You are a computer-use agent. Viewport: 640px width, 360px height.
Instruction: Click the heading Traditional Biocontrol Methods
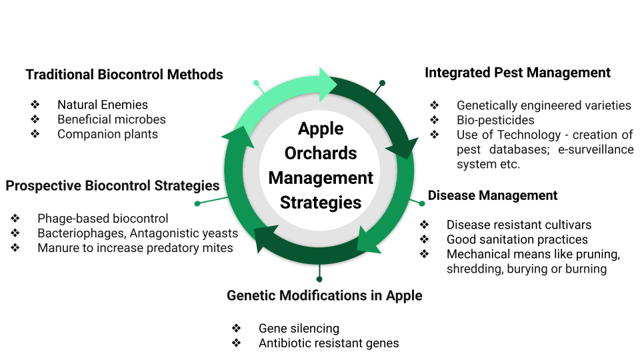point(124,74)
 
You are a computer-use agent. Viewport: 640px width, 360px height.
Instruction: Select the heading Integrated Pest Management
point(517,73)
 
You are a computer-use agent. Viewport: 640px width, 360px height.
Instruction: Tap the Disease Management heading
point(492,195)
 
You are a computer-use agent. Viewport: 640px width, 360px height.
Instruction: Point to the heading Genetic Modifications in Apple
point(324,295)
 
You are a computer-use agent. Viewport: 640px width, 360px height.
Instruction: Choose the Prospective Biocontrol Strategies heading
point(112,185)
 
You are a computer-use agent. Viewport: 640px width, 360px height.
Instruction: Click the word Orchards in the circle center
point(321,153)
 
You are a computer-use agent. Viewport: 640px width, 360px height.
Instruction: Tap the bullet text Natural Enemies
point(102,105)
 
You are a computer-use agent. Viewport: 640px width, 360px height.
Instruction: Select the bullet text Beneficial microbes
point(111,119)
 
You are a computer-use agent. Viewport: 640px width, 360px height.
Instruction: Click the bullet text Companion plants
point(107,134)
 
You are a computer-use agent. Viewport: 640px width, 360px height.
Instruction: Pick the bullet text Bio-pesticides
point(495,120)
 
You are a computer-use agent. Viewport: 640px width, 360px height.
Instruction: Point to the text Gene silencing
point(299,328)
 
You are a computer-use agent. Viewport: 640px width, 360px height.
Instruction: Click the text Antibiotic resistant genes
point(329,343)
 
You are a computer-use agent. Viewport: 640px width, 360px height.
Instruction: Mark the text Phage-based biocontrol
point(103,219)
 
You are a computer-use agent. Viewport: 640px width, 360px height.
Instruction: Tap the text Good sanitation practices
point(517,239)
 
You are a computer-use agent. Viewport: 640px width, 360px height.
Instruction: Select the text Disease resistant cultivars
point(519,225)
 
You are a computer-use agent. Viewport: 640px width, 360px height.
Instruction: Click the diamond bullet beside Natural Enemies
point(35,105)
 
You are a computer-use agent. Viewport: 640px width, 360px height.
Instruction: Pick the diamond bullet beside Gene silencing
point(236,328)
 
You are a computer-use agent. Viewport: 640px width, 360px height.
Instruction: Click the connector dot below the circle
point(320,279)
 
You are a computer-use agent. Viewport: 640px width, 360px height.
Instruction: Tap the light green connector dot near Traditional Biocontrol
point(256,83)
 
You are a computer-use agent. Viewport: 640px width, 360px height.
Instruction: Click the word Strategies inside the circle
point(321,202)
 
